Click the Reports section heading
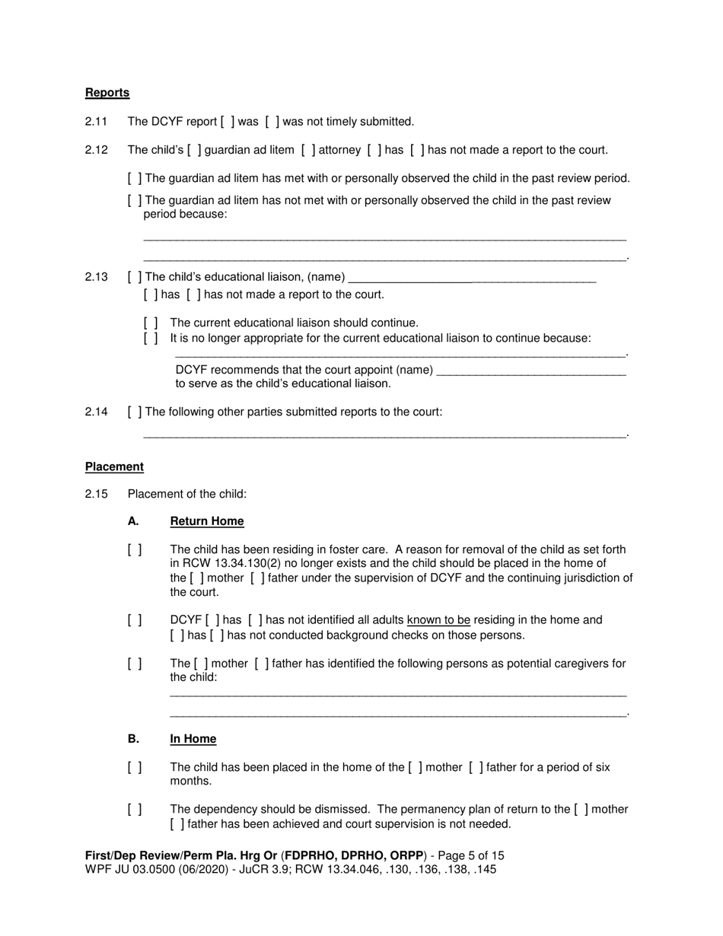pos(107,93)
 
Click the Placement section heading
pos(114,466)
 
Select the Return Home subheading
pos(207,521)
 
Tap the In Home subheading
pos(193,739)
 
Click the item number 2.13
pos(97,277)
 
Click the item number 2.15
pos(97,495)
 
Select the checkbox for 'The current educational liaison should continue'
pos(151,323)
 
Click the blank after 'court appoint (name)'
pos(532,371)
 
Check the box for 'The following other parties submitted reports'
pos(135,412)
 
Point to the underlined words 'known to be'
pos(438,620)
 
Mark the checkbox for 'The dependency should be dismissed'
pos(135,810)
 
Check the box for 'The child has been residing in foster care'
pos(135,549)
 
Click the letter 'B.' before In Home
pos(134,739)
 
